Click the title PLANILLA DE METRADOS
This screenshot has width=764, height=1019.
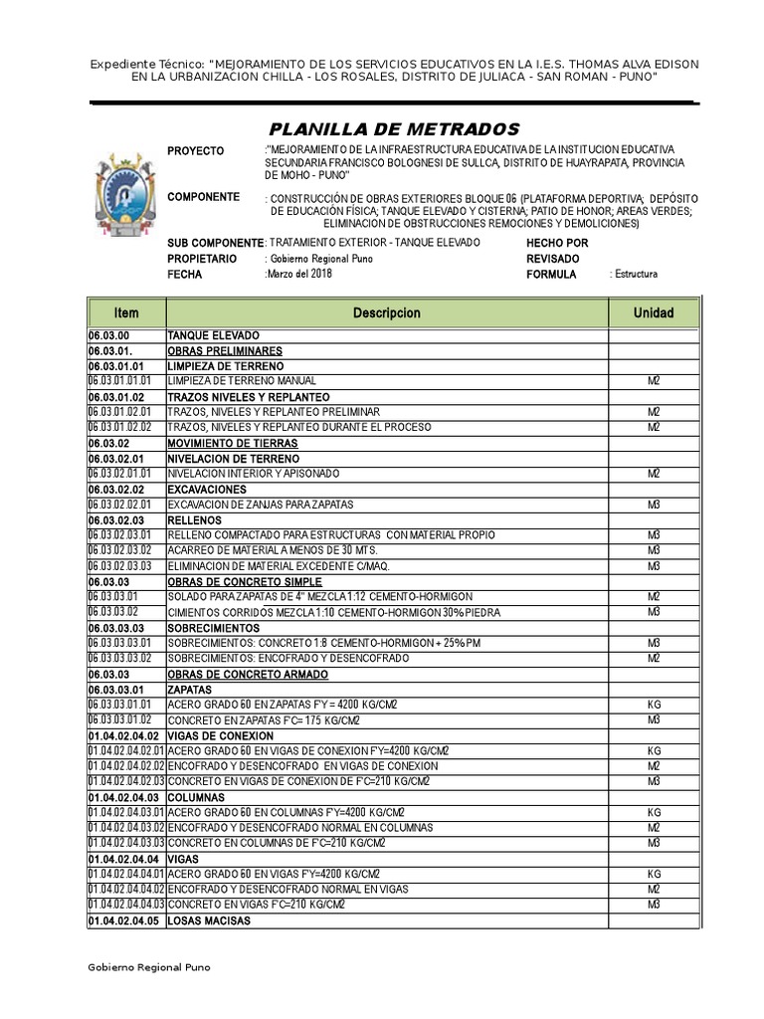pyautogui.click(x=394, y=129)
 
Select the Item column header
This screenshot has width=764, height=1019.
pyautogui.click(x=126, y=312)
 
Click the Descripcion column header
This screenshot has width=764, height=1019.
pyautogui.click(x=386, y=312)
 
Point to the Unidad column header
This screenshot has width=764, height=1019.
pyautogui.click(x=654, y=312)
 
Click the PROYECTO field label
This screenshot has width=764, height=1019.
pyautogui.click(x=196, y=151)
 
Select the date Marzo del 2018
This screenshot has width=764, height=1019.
pyautogui.click(x=298, y=275)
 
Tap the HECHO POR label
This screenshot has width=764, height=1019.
pyautogui.click(x=557, y=243)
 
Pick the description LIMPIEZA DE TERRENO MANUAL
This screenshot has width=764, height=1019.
pyautogui.click(x=242, y=381)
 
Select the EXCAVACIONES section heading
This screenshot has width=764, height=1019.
pyautogui.click(x=206, y=490)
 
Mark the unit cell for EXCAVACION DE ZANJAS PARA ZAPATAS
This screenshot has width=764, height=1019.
pyautogui.click(x=654, y=506)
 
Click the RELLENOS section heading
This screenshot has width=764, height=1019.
pyautogui.click(x=195, y=520)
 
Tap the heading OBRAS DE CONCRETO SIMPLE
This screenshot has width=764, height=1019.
pyautogui.click(x=232, y=582)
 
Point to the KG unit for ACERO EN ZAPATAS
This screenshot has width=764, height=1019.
pyautogui.click(x=654, y=706)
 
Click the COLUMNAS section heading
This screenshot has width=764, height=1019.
pyautogui.click(x=196, y=798)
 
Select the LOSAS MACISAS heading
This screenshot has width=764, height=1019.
pyautogui.click(x=209, y=921)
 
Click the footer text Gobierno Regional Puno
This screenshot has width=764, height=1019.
pyautogui.click(x=149, y=967)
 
